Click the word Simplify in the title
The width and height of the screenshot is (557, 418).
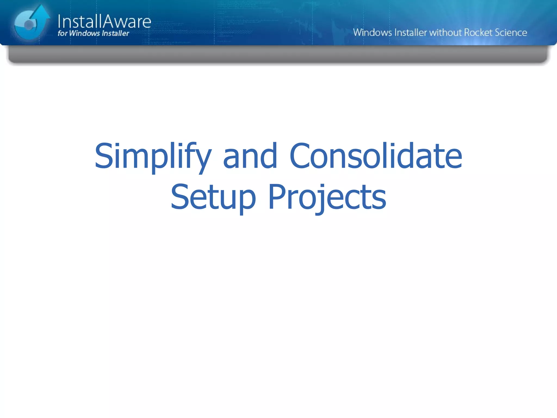(152, 156)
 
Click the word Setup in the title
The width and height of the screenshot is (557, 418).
(213, 197)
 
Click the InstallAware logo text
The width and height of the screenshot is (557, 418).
(104, 22)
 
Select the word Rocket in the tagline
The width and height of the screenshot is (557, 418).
(478, 32)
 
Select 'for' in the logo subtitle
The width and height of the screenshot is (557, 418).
(62, 33)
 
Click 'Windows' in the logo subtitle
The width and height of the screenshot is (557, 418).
(84, 33)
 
